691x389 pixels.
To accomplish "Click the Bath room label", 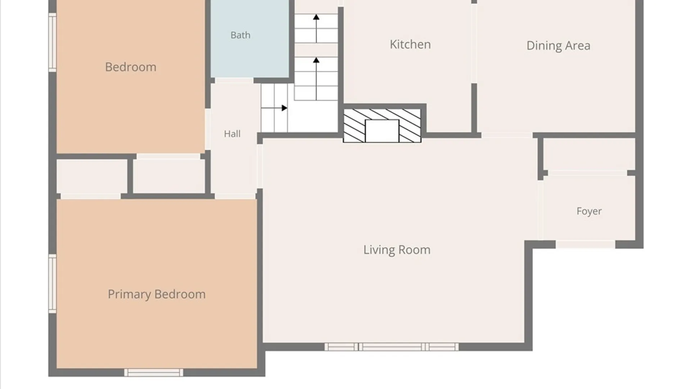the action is tap(240, 35).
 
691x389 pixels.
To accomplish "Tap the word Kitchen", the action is tap(410, 44).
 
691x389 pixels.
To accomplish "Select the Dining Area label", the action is tap(558, 46).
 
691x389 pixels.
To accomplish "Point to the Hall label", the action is tap(232, 134).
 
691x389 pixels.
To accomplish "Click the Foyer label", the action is tap(589, 211).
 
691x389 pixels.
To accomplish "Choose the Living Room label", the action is tap(397, 250).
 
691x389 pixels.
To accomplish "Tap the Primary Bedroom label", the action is tap(157, 294).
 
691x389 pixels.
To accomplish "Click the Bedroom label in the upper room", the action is tap(131, 67).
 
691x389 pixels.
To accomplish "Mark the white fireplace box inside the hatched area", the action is tap(382, 131).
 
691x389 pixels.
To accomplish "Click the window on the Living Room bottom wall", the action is tap(392, 347).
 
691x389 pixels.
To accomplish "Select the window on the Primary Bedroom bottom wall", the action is tap(154, 372).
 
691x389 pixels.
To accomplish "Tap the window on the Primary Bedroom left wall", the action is tap(53, 283).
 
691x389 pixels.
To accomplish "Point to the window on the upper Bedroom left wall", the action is tap(53, 43).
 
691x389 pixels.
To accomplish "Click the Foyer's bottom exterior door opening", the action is tap(586, 245).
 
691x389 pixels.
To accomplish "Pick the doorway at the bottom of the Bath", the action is tap(234, 80).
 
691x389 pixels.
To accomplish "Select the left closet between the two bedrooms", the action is tap(92, 176).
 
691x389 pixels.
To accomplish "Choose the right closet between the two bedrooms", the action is tap(169, 176).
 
